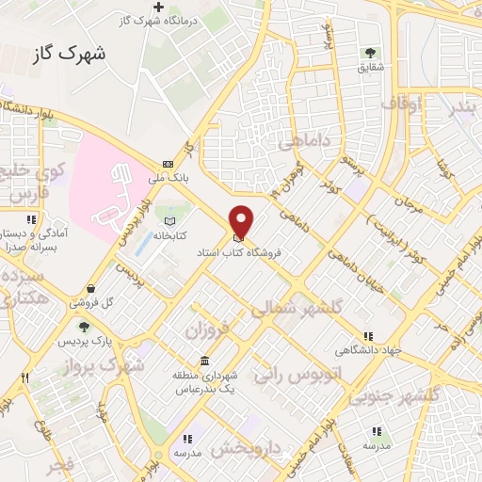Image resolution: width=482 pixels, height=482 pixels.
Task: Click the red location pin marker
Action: (x=242, y=219)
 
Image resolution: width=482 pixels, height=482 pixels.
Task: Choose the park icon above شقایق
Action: (x=369, y=53)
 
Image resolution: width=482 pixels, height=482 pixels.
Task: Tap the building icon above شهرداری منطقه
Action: (x=204, y=361)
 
